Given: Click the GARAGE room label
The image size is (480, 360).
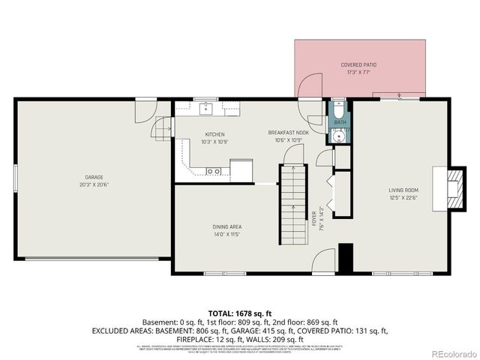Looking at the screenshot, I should pyautogui.click(x=94, y=177).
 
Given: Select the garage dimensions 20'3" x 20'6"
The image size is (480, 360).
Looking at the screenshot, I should pyautogui.click(x=94, y=184).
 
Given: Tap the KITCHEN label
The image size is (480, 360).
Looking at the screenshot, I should pyautogui.click(x=214, y=134).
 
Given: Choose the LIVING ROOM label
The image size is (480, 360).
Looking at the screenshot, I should pyautogui.click(x=403, y=190).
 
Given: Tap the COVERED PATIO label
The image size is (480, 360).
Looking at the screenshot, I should pyautogui.click(x=358, y=65).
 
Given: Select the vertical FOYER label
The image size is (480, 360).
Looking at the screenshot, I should pyautogui.click(x=314, y=218).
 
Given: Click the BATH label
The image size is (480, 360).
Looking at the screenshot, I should pyautogui.click(x=340, y=121).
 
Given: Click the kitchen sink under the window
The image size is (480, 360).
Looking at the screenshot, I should pyautogui.click(x=207, y=109).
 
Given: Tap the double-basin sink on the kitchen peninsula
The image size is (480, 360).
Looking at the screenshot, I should pyautogui.click(x=214, y=171).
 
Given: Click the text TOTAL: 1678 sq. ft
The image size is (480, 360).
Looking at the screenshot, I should pyautogui.click(x=240, y=312).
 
